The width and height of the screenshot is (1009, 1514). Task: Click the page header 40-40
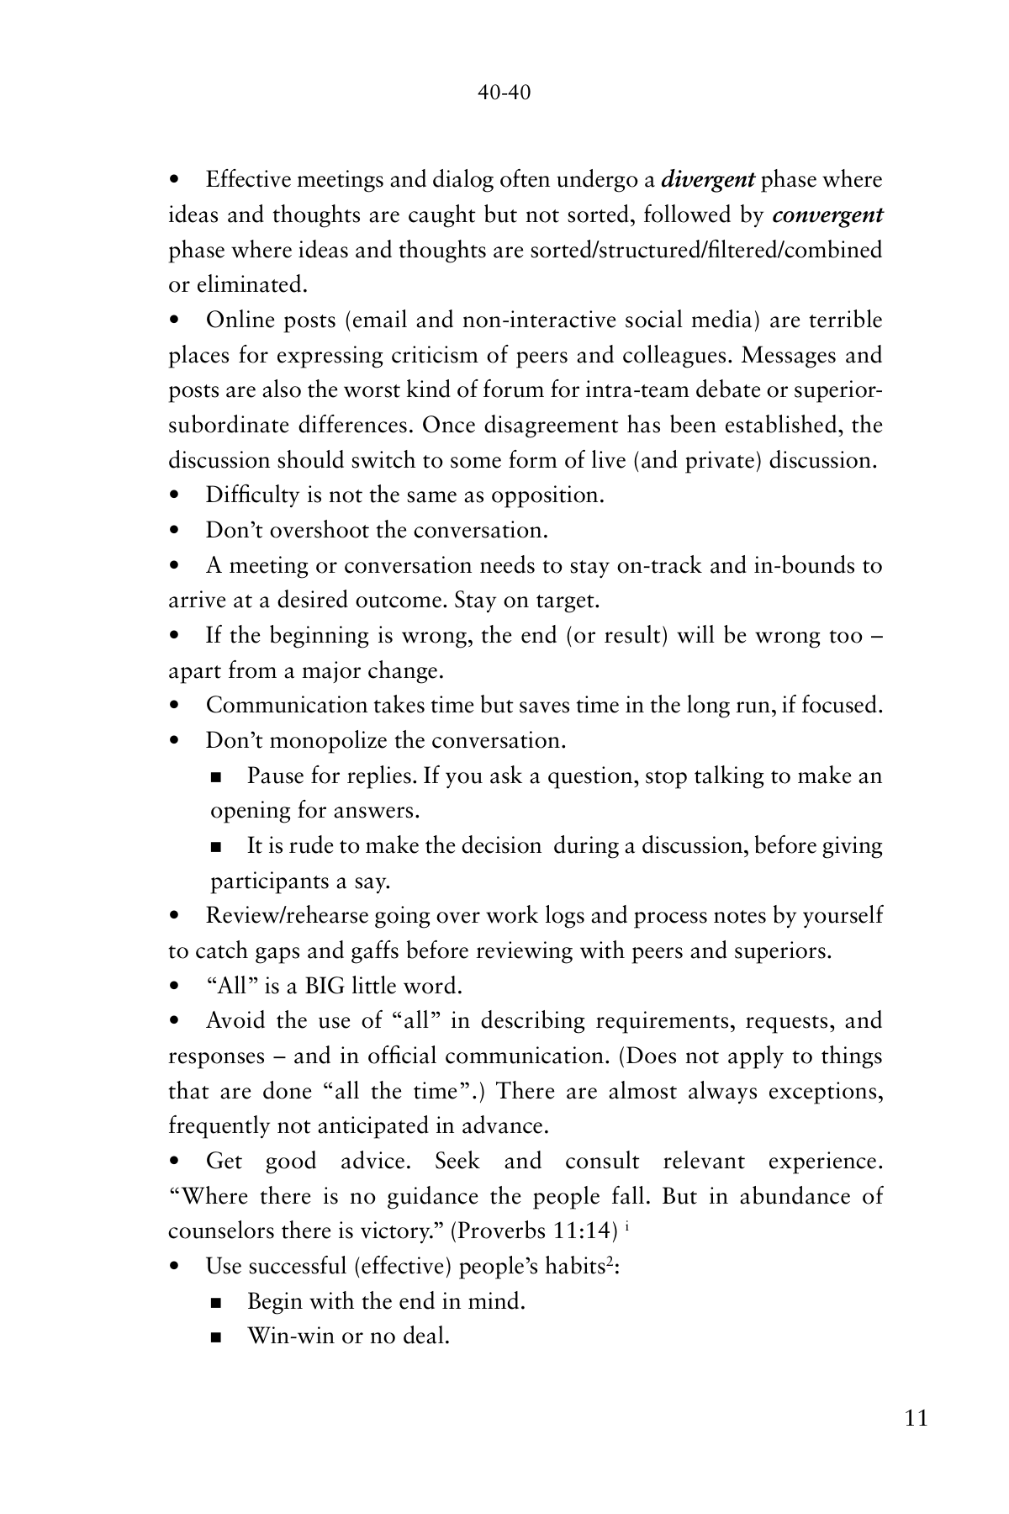(504, 93)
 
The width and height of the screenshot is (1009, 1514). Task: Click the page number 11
(917, 1418)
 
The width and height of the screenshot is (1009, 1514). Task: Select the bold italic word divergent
(707, 180)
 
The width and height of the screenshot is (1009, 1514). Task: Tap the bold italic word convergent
(827, 215)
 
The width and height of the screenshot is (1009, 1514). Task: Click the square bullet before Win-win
(217, 1337)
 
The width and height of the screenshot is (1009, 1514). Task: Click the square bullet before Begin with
(217, 1303)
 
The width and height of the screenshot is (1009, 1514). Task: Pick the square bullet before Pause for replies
(217, 777)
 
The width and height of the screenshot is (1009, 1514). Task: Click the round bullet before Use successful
(175, 1267)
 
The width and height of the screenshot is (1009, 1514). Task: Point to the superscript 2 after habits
(611, 1261)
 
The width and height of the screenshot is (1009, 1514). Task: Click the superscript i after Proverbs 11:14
(628, 1225)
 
